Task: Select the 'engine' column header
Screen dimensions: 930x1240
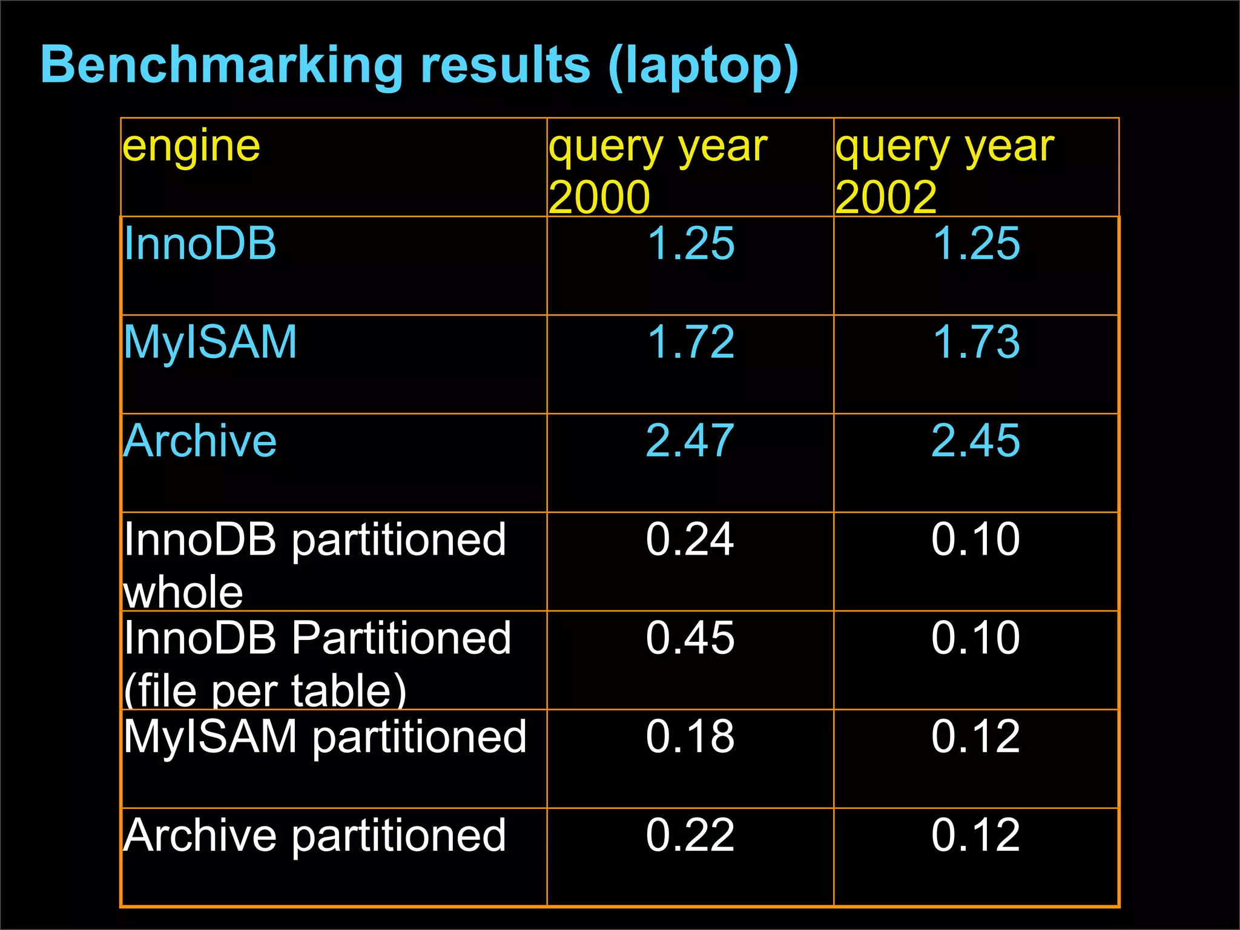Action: click(191, 147)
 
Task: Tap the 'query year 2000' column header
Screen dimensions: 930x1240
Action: click(658, 171)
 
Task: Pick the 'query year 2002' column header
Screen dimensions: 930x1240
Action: click(945, 171)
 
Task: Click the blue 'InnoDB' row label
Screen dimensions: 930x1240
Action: click(200, 243)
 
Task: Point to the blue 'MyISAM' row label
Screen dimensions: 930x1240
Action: click(210, 342)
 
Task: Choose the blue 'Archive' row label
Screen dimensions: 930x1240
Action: click(200, 441)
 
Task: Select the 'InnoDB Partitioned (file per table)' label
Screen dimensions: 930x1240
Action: click(317, 663)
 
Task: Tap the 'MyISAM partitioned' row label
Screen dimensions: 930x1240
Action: click(325, 737)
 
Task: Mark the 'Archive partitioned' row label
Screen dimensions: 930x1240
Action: click(314, 836)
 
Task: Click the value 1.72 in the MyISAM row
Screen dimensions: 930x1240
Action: click(690, 342)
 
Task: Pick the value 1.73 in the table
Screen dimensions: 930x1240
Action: click(976, 342)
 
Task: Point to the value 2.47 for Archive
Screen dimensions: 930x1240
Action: click(690, 441)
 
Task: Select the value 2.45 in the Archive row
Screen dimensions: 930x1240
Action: click(976, 441)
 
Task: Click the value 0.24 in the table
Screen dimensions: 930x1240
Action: click(690, 539)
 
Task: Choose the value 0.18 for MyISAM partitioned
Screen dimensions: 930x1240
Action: click(690, 737)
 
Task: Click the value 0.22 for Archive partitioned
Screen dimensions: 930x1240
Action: click(690, 836)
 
